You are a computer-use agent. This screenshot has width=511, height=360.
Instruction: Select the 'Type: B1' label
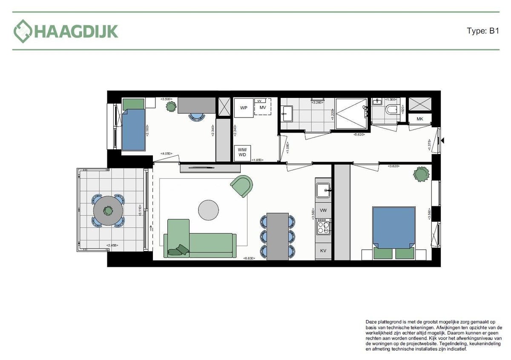(482, 31)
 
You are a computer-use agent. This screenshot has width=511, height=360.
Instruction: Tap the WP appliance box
(244, 108)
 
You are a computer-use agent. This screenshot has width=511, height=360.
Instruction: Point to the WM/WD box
(242, 151)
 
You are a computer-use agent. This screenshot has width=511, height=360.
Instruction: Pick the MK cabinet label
(420, 119)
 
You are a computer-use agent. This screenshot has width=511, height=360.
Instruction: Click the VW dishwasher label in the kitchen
(323, 210)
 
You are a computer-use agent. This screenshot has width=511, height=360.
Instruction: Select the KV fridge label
(323, 251)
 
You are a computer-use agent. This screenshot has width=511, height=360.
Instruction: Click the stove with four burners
(323, 227)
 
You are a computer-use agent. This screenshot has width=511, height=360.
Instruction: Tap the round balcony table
(109, 210)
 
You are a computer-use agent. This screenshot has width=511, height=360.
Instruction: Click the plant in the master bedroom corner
(421, 174)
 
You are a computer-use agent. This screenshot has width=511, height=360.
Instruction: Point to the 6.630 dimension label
(249, 258)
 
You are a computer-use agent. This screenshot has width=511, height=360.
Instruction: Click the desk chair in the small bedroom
(196, 117)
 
